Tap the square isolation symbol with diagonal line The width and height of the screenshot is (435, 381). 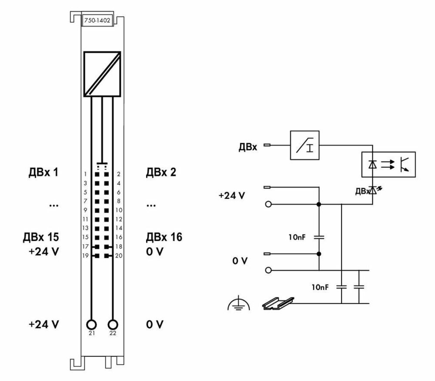102,74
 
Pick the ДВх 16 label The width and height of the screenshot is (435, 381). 164,238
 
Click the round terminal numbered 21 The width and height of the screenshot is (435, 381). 91,325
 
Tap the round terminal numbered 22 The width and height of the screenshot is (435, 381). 113,325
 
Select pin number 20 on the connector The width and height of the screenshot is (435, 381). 118,255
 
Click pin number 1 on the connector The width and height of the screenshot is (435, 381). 87,174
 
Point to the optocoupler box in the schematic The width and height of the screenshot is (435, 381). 389,164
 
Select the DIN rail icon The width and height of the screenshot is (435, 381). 278,302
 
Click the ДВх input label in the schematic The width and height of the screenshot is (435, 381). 248,147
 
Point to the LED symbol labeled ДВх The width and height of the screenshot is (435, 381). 372,190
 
